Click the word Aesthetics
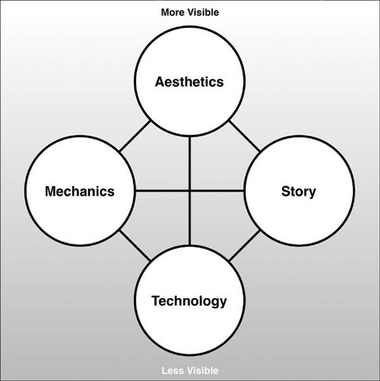189,82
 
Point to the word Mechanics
80,191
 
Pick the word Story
298,192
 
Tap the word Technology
189,301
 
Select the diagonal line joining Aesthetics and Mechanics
135,136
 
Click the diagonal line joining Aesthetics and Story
244,136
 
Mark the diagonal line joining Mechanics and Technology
135,246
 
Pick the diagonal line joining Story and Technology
244,246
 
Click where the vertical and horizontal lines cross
190,191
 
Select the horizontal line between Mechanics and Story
190,191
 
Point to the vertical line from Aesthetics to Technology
190,190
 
